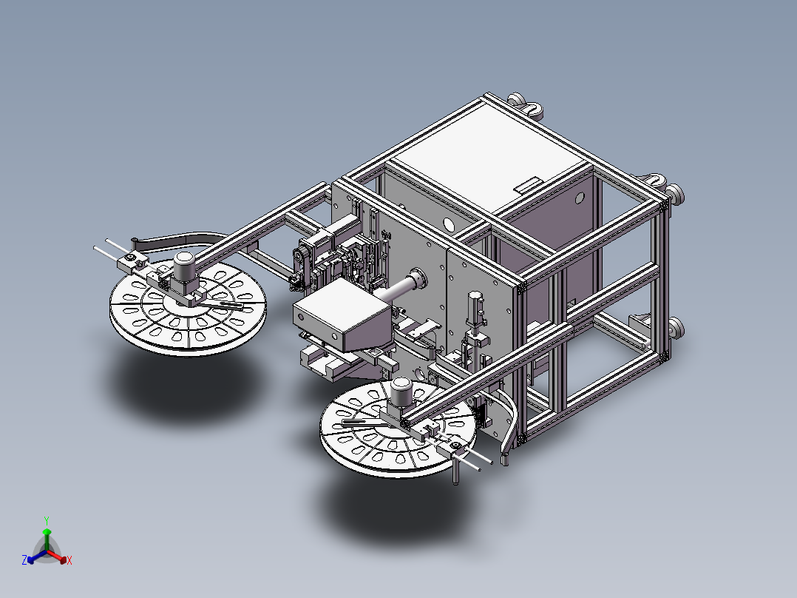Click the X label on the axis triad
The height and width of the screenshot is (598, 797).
point(69,561)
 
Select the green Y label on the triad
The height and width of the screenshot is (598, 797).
point(46,520)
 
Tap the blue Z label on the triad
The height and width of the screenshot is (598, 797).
point(24,560)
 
